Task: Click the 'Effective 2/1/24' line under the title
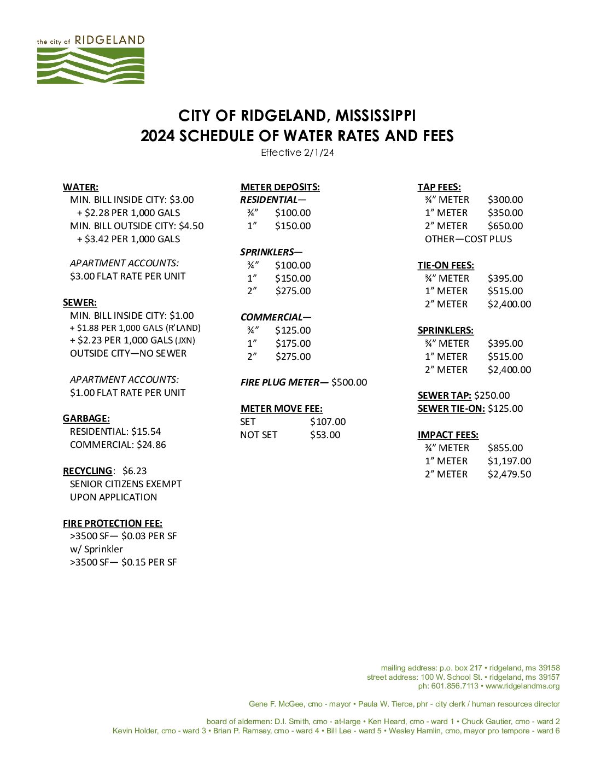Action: (x=297, y=153)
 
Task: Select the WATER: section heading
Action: (x=80, y=187)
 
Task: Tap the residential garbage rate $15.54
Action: (x=146, y=431)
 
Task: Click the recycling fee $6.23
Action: (x=135, y=471)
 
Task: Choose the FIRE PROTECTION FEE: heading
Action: (x=113, y=523)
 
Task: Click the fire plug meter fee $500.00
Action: (x=349, y=382)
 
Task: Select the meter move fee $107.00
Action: (x=328, y=422)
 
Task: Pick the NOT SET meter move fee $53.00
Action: (x=325, y=435)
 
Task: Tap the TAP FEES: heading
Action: (x=439, y=187)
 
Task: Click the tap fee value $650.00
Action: (x=505, y=226)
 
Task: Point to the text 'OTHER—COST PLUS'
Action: (x=468, y=239)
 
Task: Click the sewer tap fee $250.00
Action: (x=492, y=395)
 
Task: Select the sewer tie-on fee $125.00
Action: (x=505, y=409)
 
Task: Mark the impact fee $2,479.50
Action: (x=509, y=474)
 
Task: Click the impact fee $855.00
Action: (x=505, y=448)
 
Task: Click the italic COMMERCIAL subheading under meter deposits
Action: (x=271, y=317)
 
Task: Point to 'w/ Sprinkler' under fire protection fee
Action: (x=96, y=549)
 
